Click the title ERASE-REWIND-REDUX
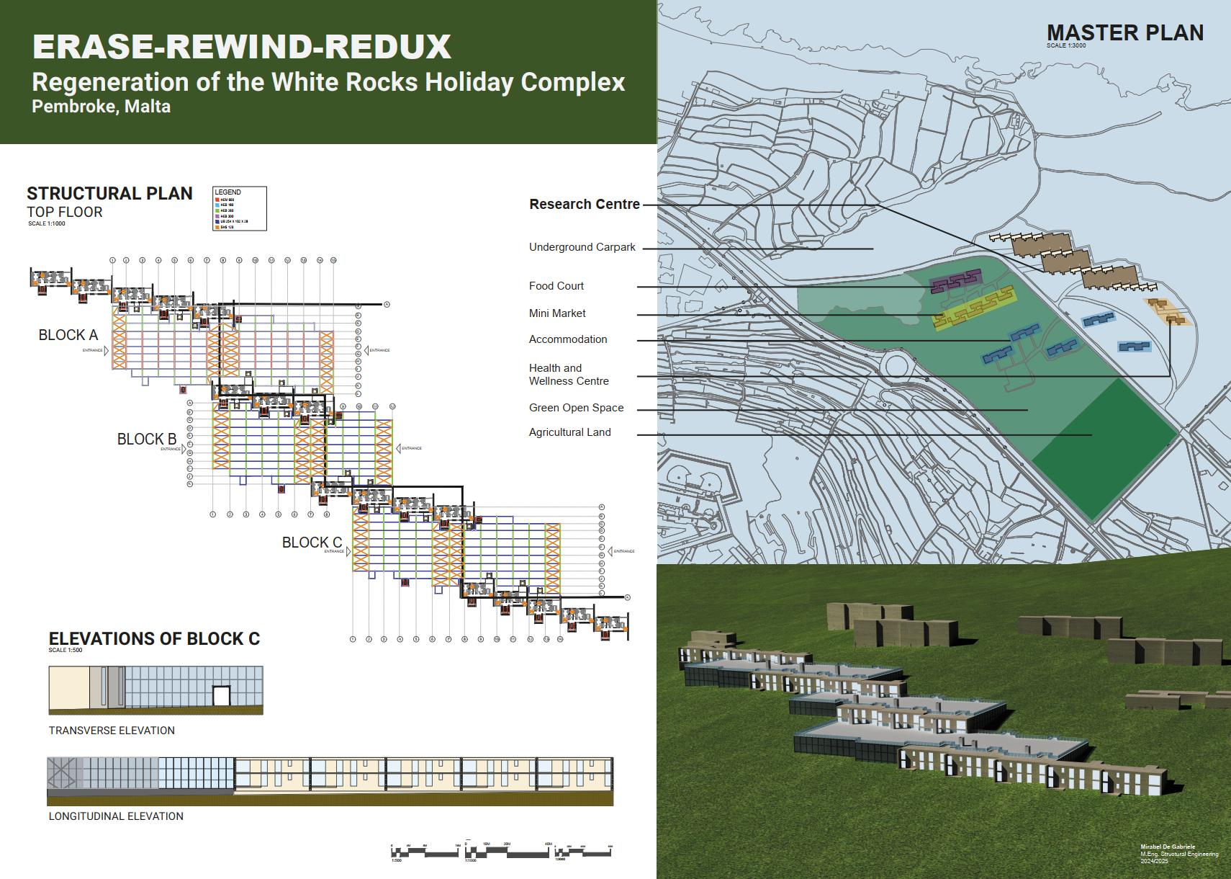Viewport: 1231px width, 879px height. point(242,47)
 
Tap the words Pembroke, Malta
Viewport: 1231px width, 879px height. point(102,107)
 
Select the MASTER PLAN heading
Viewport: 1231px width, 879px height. point(1124,32)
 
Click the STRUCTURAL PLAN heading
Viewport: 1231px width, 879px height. point(109,193)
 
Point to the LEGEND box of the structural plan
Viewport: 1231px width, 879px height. point(240,209)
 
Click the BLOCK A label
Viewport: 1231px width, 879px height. point(68,335)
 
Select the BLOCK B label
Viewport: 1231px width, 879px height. point(147,439)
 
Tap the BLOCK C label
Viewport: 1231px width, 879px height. point(312,543)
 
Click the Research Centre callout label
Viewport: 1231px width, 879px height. point(585,205)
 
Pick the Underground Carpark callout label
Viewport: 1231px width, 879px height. point(582,247)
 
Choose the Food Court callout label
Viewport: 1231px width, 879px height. point(556,286)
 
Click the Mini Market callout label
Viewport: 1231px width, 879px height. point(557,313)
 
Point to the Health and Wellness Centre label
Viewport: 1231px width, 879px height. point(569,375)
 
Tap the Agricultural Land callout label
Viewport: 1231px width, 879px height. point(569,432)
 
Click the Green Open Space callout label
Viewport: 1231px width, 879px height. point(576,408)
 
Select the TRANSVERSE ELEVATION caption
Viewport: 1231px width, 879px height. point(112,731)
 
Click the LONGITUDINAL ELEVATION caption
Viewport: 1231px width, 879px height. point(116,816)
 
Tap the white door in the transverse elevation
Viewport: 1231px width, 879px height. point(221,696)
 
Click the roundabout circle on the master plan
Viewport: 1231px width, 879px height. point(896,365)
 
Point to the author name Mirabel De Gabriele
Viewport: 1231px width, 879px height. point(1168,847)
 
